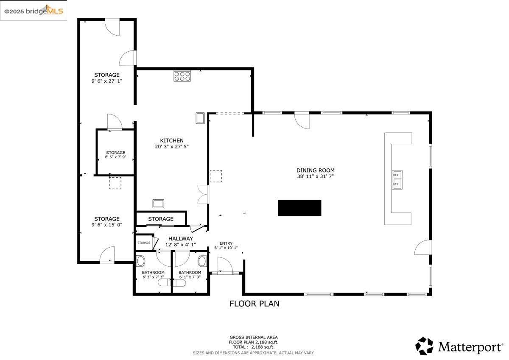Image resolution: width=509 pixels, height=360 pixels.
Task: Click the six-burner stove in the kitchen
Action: point(182,76)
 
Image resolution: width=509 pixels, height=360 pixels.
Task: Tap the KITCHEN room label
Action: point(171,140)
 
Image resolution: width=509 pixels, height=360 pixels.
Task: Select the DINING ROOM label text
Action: point(315,170)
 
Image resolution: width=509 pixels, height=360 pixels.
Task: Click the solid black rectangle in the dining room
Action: point(299,208)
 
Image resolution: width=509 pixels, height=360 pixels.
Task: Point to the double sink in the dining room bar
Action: point(397,179)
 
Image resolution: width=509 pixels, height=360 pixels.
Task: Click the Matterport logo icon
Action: point(424,346)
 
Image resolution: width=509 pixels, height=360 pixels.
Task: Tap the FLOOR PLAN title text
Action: point(254,304)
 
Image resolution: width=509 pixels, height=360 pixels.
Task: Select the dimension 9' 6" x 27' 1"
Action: point(107,81)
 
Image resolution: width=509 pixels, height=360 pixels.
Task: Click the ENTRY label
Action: point(226,243)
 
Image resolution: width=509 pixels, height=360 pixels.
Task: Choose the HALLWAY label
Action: point(180,239)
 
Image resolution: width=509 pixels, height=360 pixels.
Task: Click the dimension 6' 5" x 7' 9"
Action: point(115,157)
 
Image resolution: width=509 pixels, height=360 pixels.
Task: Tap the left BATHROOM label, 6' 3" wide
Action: point(153,272)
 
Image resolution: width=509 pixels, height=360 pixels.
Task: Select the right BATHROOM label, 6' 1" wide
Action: point(190,272)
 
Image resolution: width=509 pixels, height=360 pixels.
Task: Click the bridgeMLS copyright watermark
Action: point(34,11)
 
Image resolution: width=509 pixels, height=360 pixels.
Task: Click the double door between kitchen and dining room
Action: point(203,194)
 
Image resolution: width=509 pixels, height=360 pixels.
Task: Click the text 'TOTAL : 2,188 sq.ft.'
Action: point(254,347)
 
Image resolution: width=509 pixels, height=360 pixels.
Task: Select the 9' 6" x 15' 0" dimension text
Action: point(107,225)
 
